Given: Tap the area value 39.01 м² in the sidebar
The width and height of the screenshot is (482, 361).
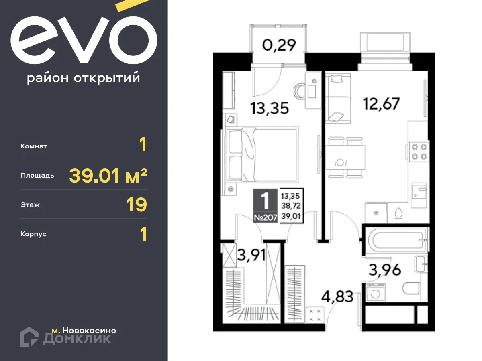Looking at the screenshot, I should (x=108, y=176).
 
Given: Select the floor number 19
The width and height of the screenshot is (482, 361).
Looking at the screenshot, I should (x=137, y=205).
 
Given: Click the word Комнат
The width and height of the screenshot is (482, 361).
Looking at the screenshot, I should (x=34, y=146).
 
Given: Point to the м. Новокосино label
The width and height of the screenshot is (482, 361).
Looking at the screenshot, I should (x=84, y=331).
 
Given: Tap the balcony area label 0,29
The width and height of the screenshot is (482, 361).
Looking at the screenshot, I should (x=279, y=45).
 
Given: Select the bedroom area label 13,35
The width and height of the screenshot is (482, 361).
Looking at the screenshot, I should (x=270, y=108).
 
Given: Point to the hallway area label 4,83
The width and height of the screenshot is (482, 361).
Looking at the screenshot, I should (x=337, y=297).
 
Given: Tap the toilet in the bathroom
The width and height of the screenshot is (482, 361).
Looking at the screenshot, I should (x=410, y=288).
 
